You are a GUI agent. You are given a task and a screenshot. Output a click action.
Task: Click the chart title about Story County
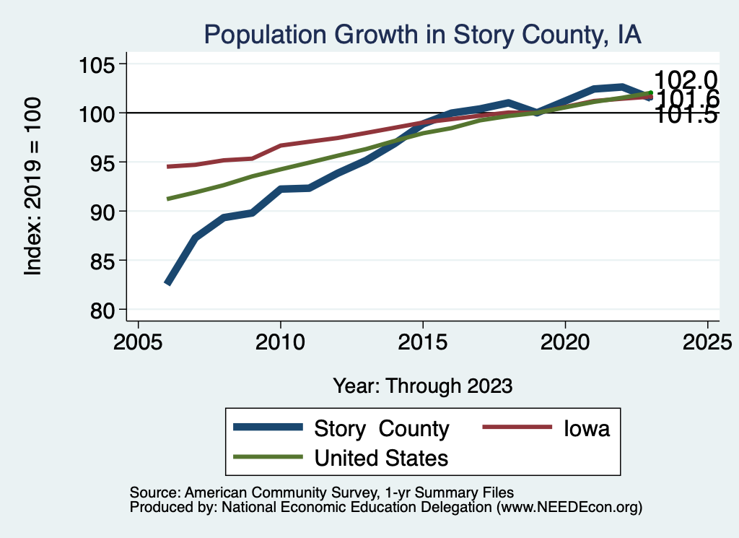pos(422,34)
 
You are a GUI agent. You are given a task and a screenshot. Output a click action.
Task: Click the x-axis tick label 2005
pos(138,340)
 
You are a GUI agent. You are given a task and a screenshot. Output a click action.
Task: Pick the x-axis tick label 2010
pos(280,340)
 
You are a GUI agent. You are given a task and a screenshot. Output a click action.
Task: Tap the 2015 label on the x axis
pos(422,340)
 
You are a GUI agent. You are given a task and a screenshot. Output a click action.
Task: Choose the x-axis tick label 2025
pos(707,340)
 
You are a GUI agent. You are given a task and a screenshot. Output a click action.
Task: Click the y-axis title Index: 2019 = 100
pos(32,186)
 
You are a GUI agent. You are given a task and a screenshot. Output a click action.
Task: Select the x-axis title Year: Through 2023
pos(422,386)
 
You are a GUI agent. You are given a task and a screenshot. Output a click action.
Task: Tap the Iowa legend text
pos(586,428)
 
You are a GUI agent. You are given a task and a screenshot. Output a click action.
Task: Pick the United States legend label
pos(381,458)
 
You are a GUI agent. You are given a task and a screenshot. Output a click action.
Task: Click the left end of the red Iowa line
pos(168,167)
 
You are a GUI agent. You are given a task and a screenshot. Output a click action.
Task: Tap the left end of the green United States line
pos(168,199)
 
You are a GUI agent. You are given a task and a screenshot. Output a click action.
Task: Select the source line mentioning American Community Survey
pos(322,492)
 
